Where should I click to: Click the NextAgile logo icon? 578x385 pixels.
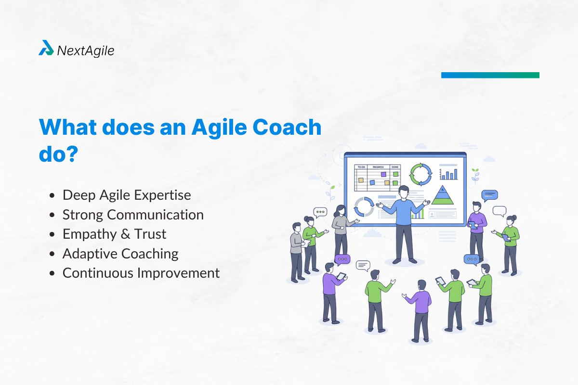click(x=46, y=48)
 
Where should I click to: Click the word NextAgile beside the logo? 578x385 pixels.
click(x=86, y=50)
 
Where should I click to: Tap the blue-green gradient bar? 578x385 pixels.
click(x=490, y=75)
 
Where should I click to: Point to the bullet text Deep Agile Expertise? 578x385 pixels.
click(x=127, y=195)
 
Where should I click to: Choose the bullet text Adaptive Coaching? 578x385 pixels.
click(x=120, y=254)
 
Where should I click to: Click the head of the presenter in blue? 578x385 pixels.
click(x=404, y=192)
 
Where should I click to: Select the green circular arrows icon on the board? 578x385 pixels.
click(x=420, y=174)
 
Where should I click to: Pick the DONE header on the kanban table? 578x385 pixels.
click(x=395, y=167)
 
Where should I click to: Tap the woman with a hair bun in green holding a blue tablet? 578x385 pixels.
click(x=509, y=243)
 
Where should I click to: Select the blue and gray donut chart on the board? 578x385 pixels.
click(x=363, y=207)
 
